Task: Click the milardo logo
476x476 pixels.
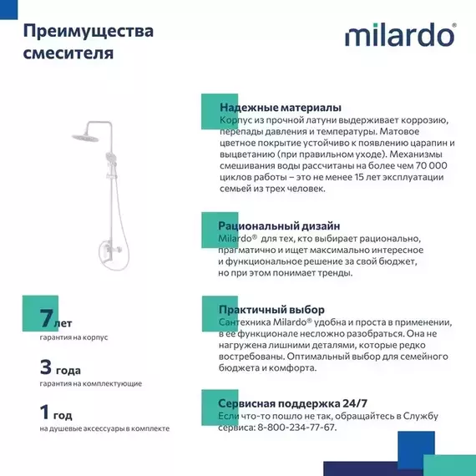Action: click(x=400, y=38)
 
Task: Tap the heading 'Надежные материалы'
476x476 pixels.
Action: click(x=279, y=109)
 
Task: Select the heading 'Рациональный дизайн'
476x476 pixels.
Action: click(x=278, y=225)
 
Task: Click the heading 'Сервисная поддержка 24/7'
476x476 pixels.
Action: click(x=292, y=403)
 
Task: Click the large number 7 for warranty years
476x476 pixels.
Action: click(x=46, y=318)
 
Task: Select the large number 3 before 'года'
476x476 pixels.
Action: click(x=46, y=366)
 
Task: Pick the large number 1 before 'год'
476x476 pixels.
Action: click(x=46, y=413)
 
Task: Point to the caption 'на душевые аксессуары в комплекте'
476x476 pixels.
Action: click(x=104, y=428)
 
